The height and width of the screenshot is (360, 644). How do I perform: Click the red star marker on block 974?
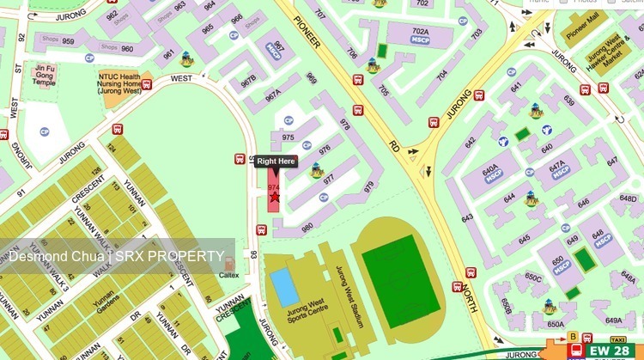(x=275, y=198)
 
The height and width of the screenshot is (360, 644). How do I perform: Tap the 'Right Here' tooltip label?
(x=276, y=162)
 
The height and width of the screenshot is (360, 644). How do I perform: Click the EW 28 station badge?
(x=610, y=351)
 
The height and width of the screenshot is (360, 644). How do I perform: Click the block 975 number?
(x=288, y=137)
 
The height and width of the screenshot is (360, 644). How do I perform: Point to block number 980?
(x=306, y=228)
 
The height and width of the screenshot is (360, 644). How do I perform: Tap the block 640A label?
(x=490, y=172)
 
